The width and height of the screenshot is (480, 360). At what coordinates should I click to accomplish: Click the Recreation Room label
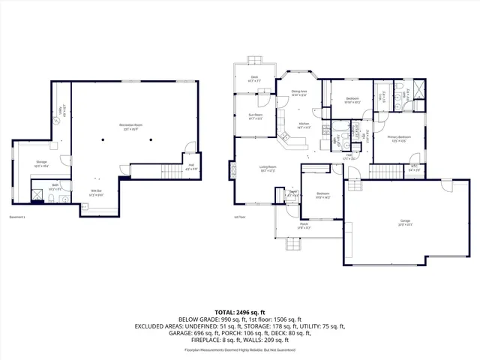(x=131, y=125)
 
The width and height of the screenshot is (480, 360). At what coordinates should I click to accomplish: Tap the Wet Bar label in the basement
(x=96, y=192)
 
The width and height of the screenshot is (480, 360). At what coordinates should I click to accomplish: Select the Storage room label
(x=42, y=163)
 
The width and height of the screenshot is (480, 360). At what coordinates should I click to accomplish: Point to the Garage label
(x=404, y=222)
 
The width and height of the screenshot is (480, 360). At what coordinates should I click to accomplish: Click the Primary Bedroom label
(x=399, y=138)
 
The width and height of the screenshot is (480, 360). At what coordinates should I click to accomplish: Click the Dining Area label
(x=299, y=92)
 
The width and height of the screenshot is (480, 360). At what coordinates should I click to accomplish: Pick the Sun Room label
(x=256, y=116)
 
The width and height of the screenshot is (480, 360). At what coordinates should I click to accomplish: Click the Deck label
(x=254, y=77)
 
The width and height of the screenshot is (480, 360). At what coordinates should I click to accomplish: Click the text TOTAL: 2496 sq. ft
(x=240, y=312)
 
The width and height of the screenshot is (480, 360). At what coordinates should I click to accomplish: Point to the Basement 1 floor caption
(x=18, y=217)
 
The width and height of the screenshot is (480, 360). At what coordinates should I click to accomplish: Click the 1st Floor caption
(x=241, y=217)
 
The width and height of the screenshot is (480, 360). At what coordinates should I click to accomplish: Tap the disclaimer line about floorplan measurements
(x=240, y=349)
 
